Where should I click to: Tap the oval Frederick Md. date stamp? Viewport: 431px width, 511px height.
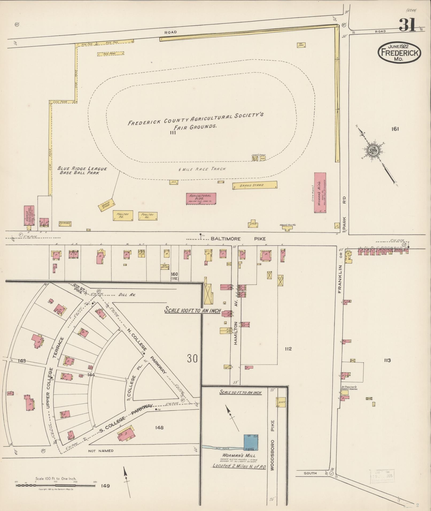click(399, 53)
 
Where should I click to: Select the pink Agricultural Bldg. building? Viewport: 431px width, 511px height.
click(201, 198)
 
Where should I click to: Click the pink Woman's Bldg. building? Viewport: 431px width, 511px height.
click(320, 192)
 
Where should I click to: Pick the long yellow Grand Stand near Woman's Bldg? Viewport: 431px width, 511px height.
click(254, 185)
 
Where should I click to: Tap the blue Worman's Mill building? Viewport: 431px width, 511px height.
click(251, 442)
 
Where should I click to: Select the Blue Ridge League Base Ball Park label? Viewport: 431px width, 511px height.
click(82, 171)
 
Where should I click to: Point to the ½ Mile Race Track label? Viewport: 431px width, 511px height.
click(202, 169)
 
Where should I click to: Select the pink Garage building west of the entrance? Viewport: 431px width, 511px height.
click(29, 216)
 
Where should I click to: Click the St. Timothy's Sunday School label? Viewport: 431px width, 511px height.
click(349, 388)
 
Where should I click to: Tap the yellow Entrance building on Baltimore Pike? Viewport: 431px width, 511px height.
click(65, 224)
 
